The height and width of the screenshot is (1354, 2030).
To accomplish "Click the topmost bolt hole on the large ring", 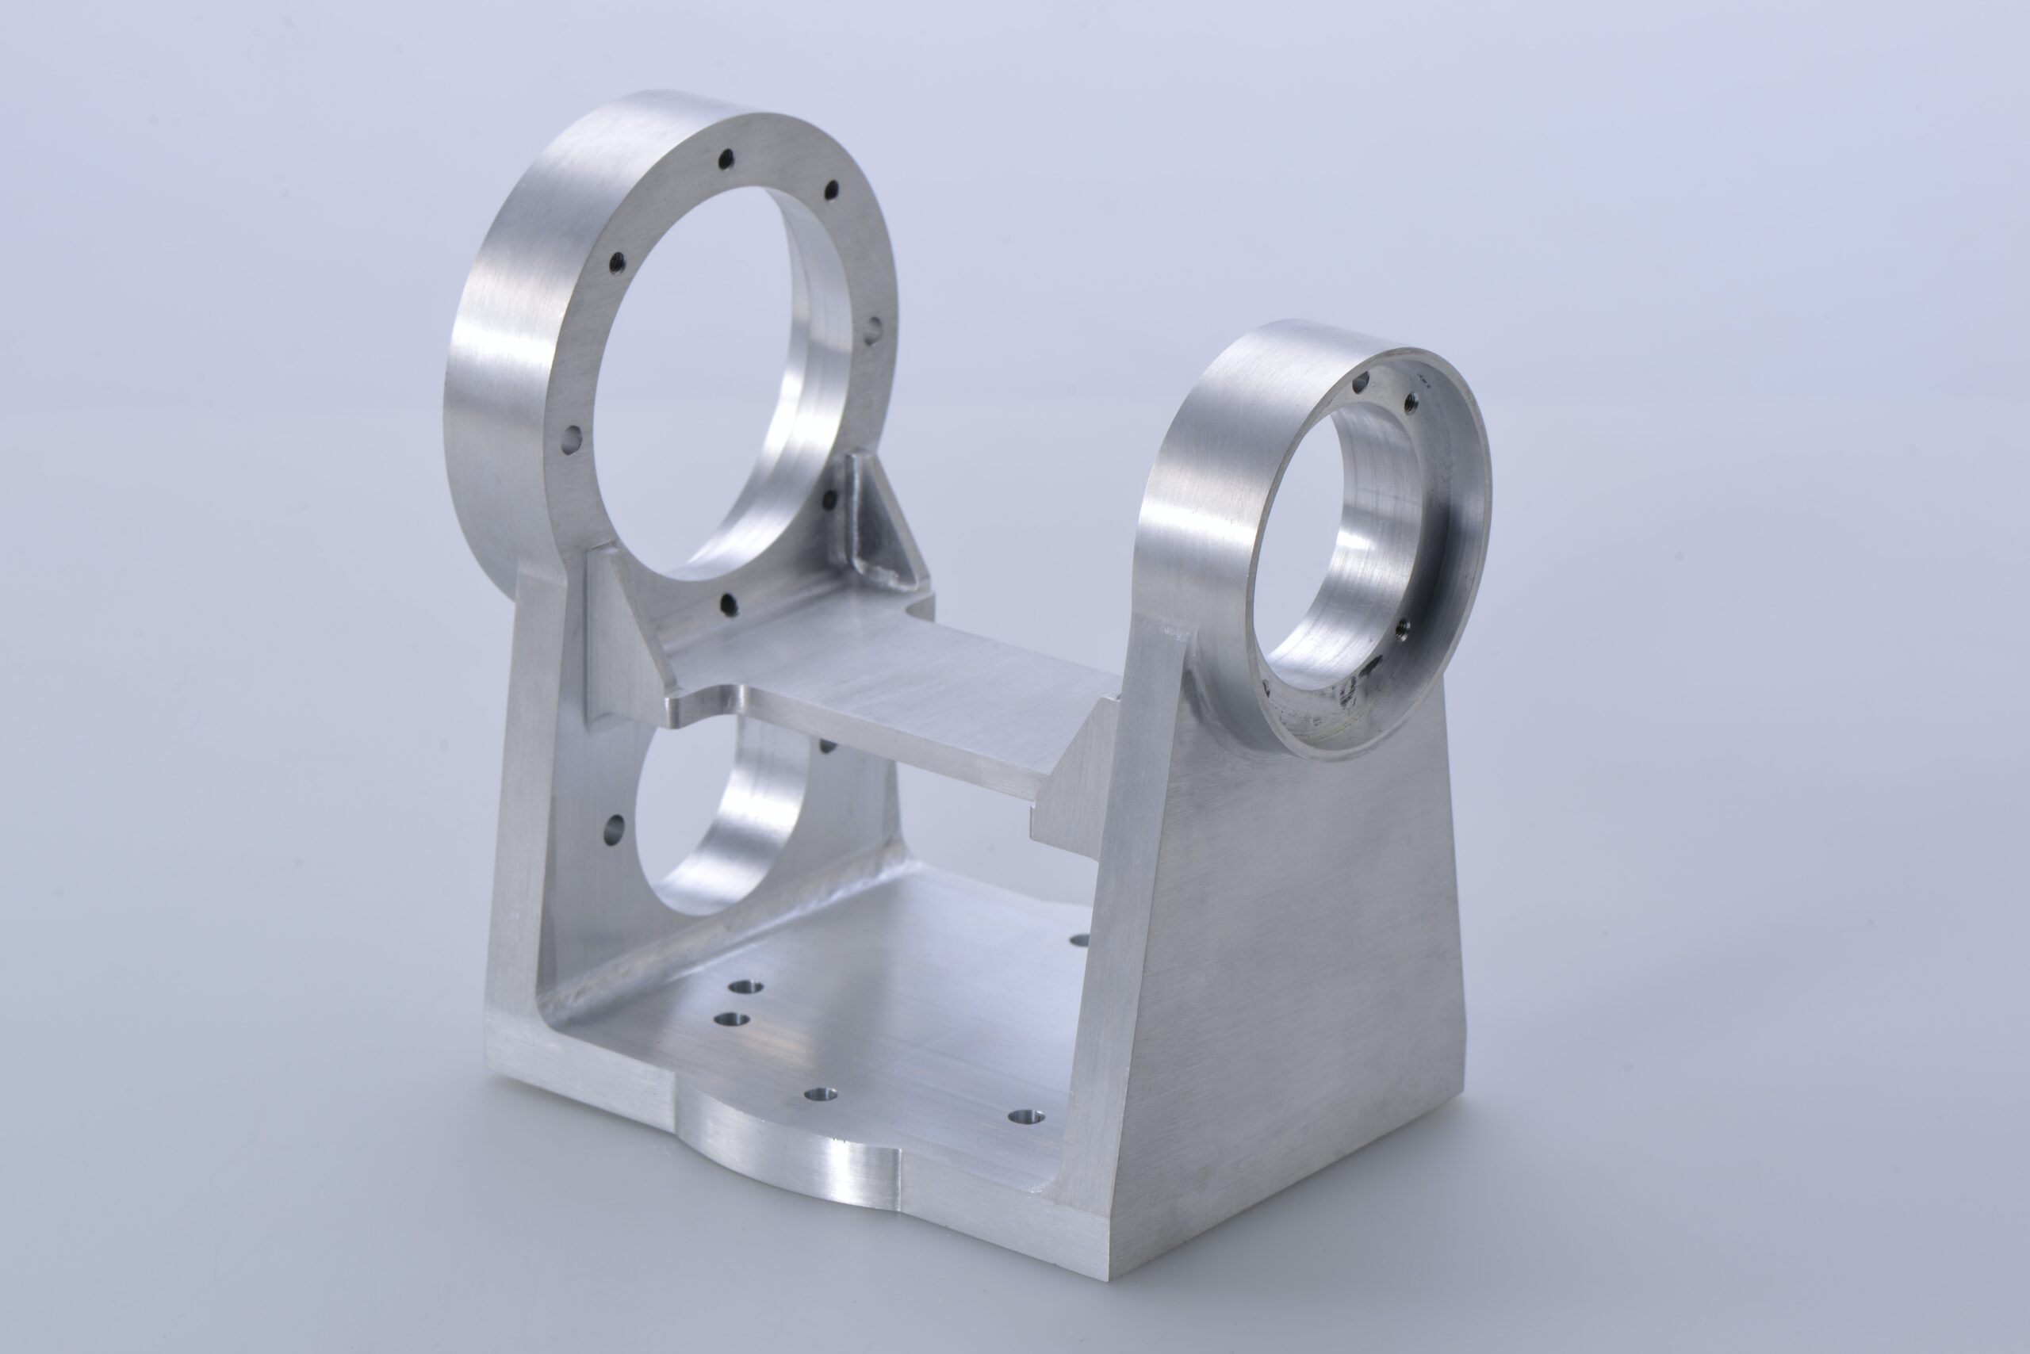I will (726, 158).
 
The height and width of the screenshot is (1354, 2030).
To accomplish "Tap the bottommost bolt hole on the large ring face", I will (727, 603).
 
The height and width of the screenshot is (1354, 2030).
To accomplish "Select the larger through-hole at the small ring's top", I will (1363, 381).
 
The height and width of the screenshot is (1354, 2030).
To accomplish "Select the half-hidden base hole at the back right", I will (1077, 939).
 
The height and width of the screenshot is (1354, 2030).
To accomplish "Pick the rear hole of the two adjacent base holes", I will (741, 987).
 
